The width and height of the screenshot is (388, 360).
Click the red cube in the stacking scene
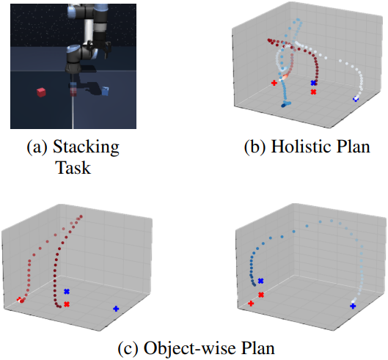pyautogui.click(x=41, y=92)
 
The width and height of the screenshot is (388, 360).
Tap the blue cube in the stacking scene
pyautogui.click(x=106, y=91)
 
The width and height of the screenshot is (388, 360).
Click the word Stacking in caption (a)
pyautogui.click(x=86, y=147)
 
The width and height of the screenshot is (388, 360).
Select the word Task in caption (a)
pyautogui.click(x=74, y=167)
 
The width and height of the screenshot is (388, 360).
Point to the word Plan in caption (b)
pyautogui.click(x=354, y=147)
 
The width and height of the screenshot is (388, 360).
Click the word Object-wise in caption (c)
pyautogui.click(x=190, y=348)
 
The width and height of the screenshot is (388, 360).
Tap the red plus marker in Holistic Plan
pyautogui.click(x=274, y=83)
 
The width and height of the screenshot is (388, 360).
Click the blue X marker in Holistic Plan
pyautogui.click(x=313, y=83)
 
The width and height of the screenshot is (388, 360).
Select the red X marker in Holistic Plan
pyautogui.click(x=313, y=92)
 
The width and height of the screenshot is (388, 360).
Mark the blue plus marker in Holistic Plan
pyautogui.click(x=356, y=99)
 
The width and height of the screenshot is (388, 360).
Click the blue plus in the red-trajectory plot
pyautogui.click(x=116, y=309)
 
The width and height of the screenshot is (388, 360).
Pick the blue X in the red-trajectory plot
pyautogui.click(x=67, y=292)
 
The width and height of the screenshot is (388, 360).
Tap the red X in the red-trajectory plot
pyautogui.click(x=67, y=304)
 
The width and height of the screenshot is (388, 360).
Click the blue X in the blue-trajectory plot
pyautogui.click(x=260, y=281)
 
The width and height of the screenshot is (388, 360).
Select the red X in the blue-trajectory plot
pyautogui.click(x=261, y=295)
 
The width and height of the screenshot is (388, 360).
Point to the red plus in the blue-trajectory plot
pyautogui.click(x=251, y=304)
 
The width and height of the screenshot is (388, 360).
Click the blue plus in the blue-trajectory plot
pyautogui.click(x=353, y=306)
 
